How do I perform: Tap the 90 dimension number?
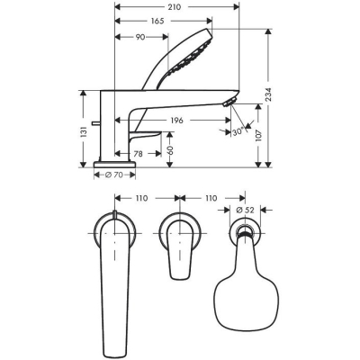(x=141, y=37)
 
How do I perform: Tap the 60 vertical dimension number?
(x=169, y=147)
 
